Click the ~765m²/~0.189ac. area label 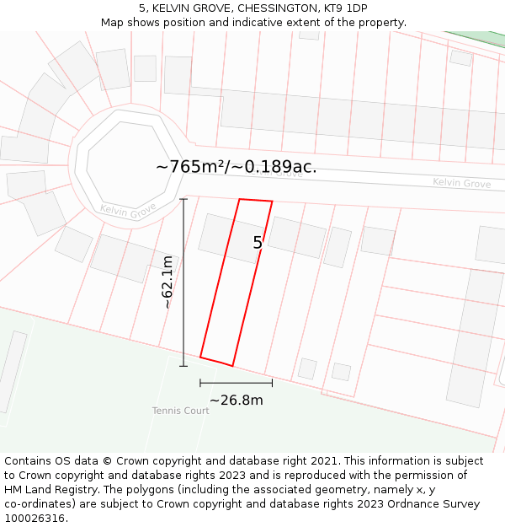pyautogui.click(x=237, y=166)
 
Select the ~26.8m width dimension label pyautogui.click(x=236, y=400)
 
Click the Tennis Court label pyautogui.click(x=180, y=411)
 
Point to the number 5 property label pyautogui.click(x=258, y=243)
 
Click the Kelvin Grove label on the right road pyautogui.click(x=461, y=183)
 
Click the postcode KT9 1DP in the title pyautogui.click(x=345, y=8)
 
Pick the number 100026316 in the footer pyautogui.click(x=33, y=519)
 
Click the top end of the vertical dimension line pyautogui.click(x=183, y=199)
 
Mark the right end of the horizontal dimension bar pyautogui.click(x=272, y=383)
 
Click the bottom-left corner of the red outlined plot pyautogui.click(x=200, y=358)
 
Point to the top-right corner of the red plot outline pyautogui.click(x=272, y=202)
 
